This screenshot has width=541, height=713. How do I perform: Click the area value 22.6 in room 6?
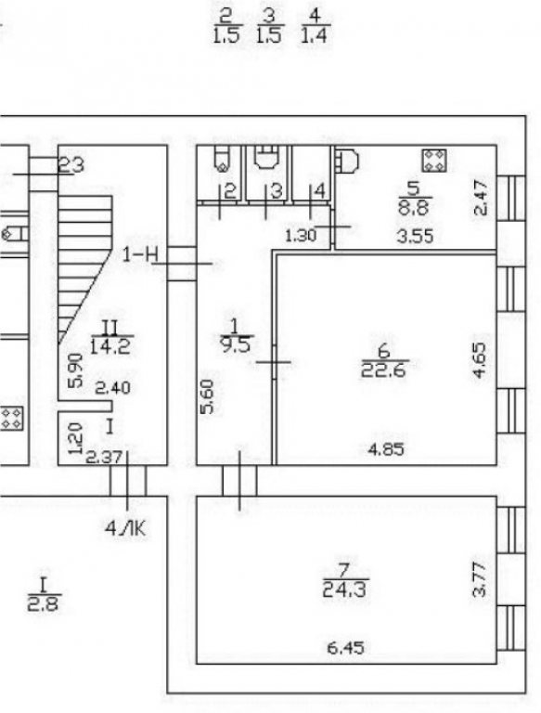click(x=384, y=370)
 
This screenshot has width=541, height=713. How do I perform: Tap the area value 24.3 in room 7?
click(x=345, y=590)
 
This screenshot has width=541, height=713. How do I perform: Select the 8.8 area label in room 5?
click(x=414, y=208)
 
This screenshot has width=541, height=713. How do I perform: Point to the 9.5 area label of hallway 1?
click(x=235, y=344)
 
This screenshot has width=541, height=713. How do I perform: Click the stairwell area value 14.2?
click(x=111, y=346)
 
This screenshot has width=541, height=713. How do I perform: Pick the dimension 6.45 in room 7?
click(x=346, y=647)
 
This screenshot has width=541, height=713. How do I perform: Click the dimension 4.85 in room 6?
click(x=386, y=449)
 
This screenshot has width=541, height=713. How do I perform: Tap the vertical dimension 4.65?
click(x=480, y=360)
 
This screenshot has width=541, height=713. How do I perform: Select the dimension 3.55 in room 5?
click(x=415, y=237)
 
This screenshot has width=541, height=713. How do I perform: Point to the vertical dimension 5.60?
click(x=207, y=396)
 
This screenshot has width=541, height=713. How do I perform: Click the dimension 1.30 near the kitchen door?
click(x=301, y=236)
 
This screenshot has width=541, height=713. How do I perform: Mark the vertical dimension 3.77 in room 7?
click(x=480, y=579)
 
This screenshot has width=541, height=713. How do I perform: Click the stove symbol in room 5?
click(x=434, y=161)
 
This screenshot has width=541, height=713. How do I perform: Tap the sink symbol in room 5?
click(x=347, y=161)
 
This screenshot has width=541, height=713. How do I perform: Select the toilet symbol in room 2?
click(x=223, y=159)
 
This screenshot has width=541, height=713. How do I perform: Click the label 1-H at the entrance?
click(x=140, y=254)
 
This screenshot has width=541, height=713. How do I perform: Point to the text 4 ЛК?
click(x=125, y=528)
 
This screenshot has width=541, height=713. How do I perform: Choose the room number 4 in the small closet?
click(x=320, y=191)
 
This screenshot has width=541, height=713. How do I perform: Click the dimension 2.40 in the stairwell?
click(x=112, y=388)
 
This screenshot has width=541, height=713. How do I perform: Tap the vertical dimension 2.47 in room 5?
click(x=481, y=198)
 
